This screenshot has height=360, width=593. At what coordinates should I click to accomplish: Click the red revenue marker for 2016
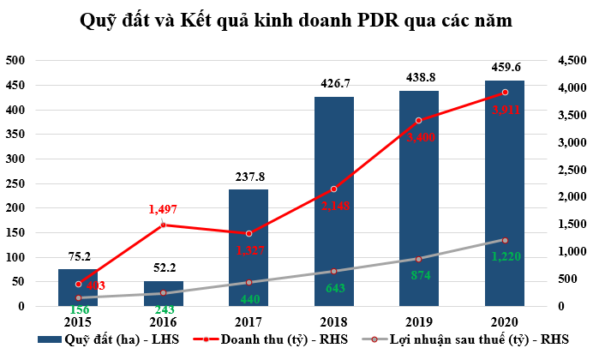(x=163, y=225)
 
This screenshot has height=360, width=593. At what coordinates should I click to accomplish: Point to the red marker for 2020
(x=505, y=92)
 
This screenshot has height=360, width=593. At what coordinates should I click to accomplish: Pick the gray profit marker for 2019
(x=419, y=259)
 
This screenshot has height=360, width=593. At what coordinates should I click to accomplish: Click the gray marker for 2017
(x=249, y=282)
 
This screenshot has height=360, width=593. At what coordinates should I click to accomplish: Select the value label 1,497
(x=163, y=210)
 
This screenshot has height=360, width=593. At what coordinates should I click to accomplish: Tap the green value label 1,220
(x=505, y=255)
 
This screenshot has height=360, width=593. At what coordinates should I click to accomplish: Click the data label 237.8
(x=249, y=177)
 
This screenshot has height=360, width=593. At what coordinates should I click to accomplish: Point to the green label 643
(x=333, y=287)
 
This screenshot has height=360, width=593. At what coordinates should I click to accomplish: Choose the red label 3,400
(x=419, y=137)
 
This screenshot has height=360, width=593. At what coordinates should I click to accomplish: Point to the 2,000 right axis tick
(x=567, y=197)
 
